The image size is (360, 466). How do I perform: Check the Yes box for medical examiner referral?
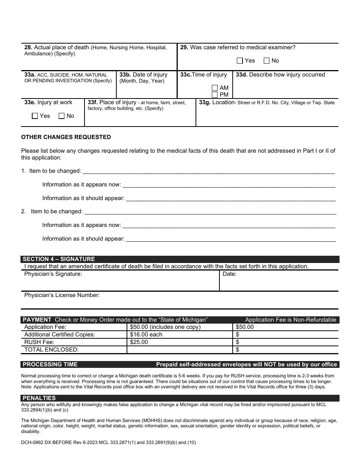tap(239, 61)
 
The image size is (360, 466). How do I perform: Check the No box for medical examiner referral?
tap(266, 61)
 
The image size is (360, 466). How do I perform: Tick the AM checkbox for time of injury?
tap(215, 88)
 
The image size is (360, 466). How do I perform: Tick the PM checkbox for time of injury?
tap(215, 95)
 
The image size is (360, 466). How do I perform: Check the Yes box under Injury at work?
tap(35, 116)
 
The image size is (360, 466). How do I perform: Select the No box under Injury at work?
tap(61, 116)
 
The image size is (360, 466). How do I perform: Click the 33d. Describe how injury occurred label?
tap(280, 75)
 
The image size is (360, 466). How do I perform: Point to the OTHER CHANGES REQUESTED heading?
tap(66, 137)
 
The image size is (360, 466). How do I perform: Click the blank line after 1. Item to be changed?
tap(208, 171)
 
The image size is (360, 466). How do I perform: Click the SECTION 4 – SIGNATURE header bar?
tap(59, 259)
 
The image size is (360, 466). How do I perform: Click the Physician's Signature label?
tap(53, 274)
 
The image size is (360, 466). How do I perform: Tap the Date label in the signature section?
tap(229, 274)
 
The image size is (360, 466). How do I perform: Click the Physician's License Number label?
tap(62, 295)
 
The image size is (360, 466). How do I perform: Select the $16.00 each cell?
tap(146, 335)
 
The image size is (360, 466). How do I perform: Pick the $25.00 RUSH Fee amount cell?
tap(139, 342)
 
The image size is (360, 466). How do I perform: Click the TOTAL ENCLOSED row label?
tap(52, 350)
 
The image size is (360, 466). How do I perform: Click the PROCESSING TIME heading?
tap(50, 364)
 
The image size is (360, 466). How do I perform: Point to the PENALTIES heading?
tap(39, 398)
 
